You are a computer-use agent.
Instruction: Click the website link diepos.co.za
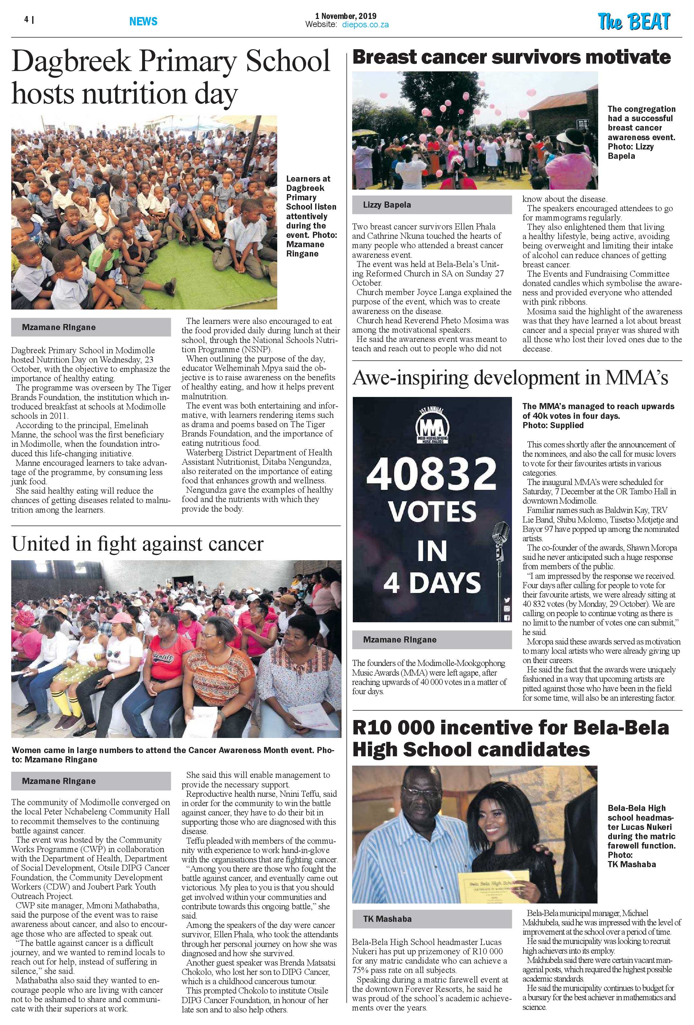coord(365,25)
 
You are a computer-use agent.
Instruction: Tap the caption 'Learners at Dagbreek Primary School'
coord(311,216)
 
